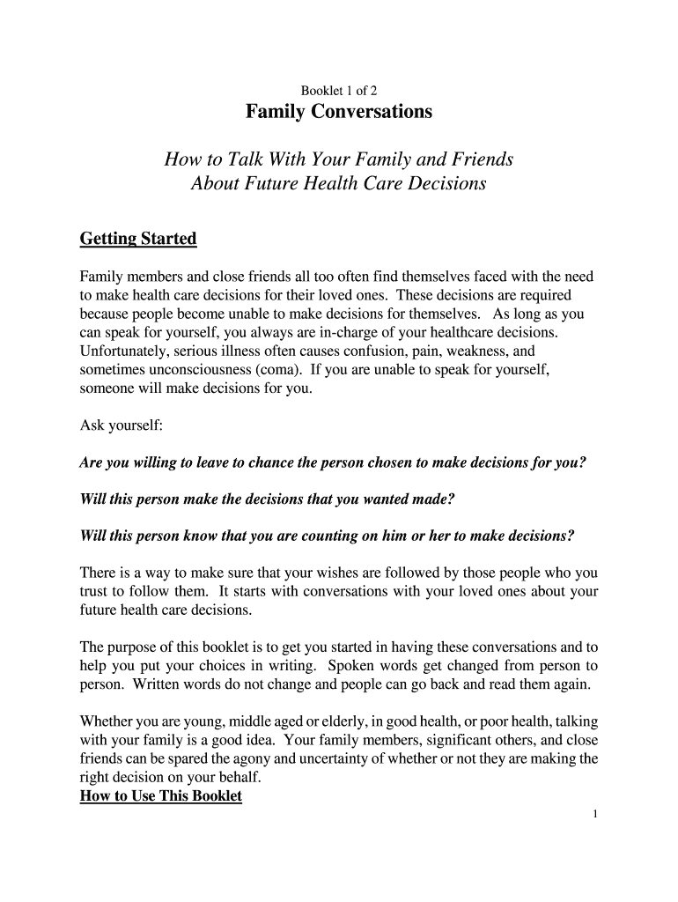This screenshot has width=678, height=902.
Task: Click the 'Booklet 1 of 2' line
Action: pos(339,90)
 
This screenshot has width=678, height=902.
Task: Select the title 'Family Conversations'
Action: pos(339,113)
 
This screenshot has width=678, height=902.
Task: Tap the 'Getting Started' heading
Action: pos(138,239)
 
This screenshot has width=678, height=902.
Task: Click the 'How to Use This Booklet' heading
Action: pos(161,797)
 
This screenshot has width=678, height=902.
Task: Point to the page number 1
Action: pos(595,814)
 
